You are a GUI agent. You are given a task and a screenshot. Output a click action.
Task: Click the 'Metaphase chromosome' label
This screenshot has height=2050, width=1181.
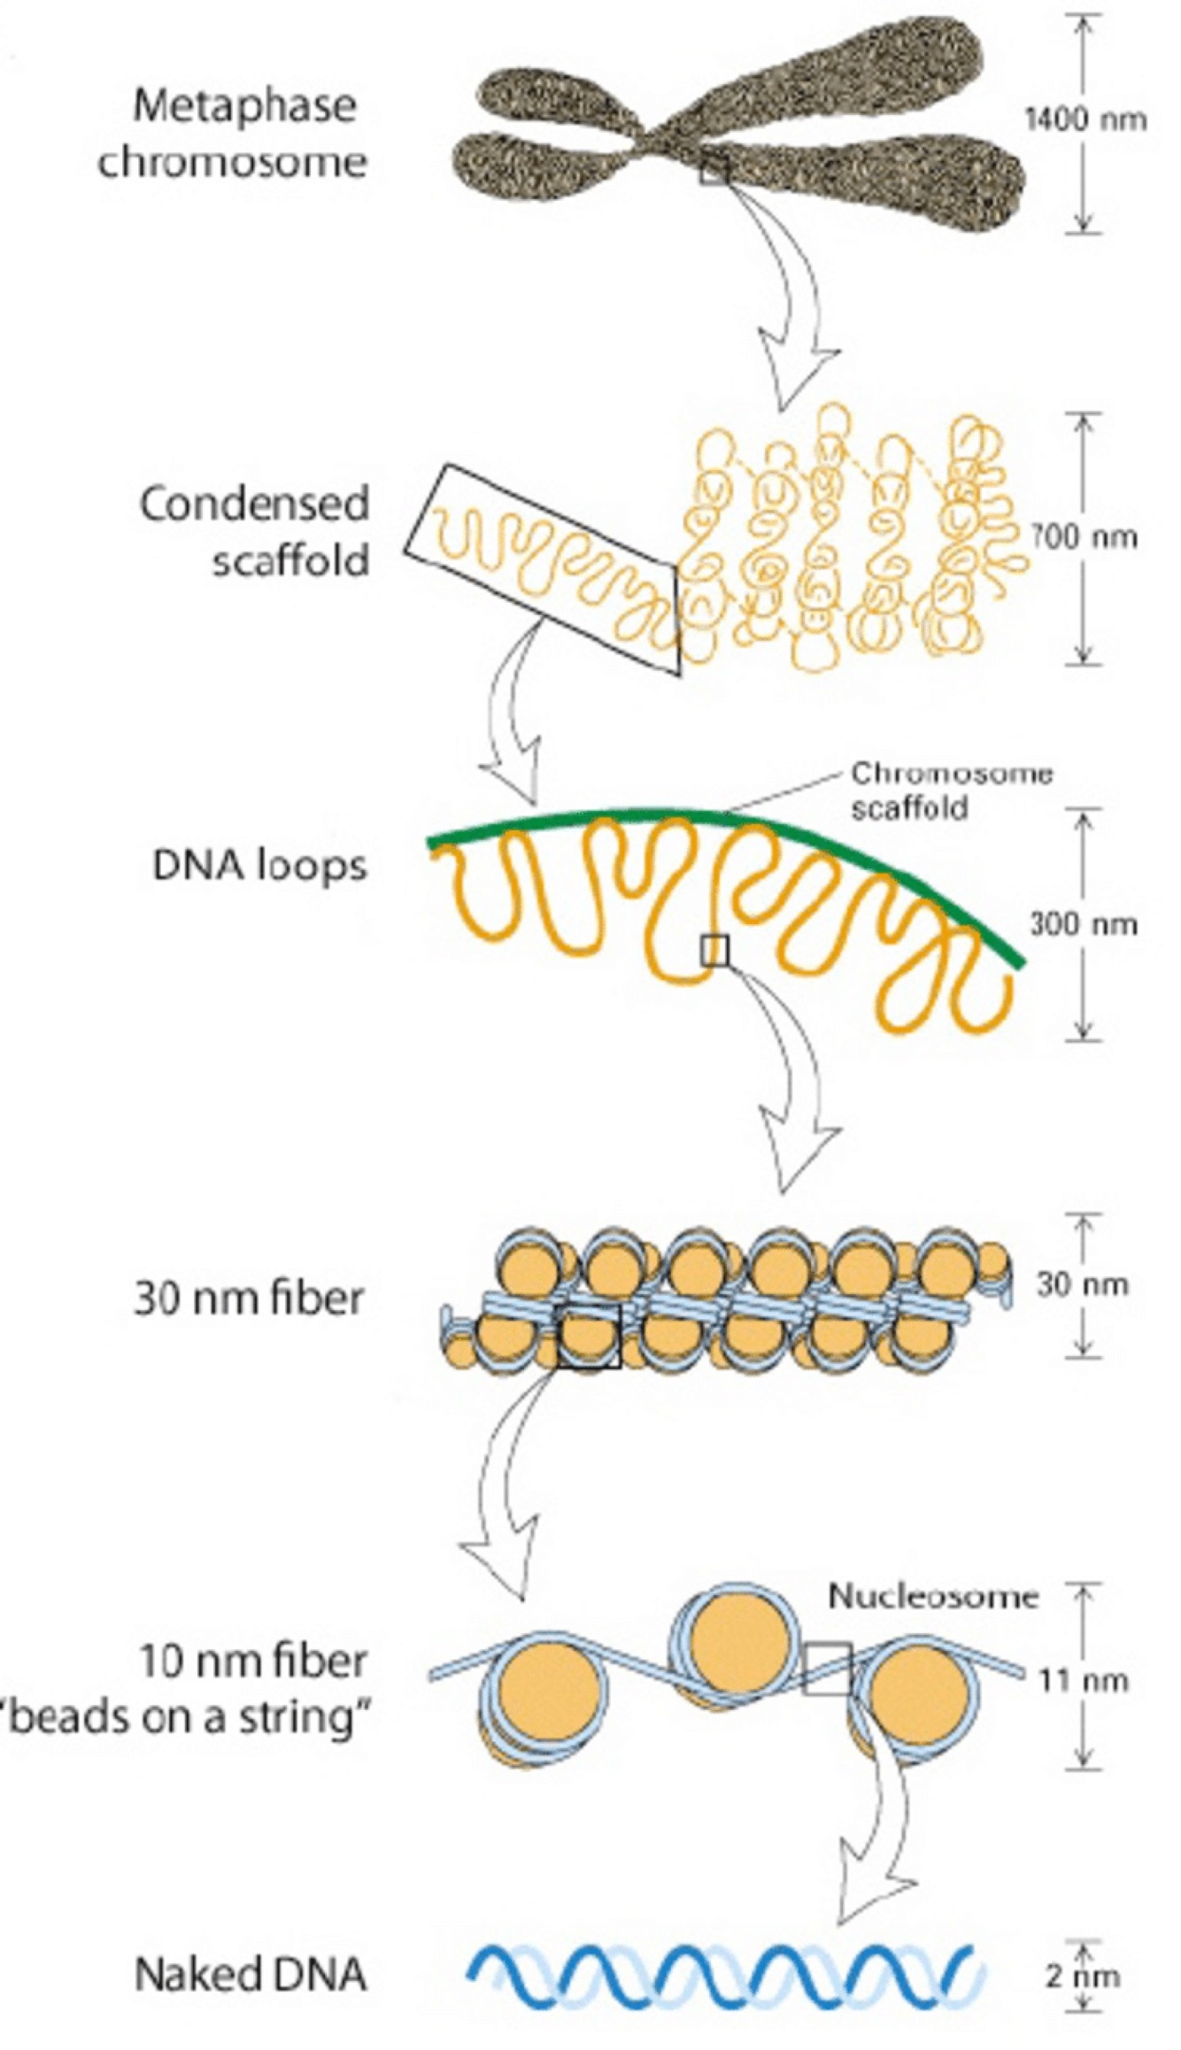pyautogui.click(x=232, y=134)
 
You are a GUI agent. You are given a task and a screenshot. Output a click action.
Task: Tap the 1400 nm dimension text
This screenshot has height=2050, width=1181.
pyautogui.click(x=1085, y=119)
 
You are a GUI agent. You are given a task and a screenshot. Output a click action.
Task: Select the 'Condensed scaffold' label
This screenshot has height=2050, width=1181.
pyautogui.click(x=254, y=532)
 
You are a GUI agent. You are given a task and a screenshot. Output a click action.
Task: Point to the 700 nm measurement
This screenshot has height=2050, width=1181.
pyautogui.click(x=1083, y=537)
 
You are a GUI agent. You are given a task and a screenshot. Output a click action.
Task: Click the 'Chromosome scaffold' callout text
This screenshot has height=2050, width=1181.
pyautogui.click(x=951, y=790)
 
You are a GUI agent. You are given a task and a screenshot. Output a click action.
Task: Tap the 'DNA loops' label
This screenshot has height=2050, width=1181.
pyautogui.click(x=259, y=866)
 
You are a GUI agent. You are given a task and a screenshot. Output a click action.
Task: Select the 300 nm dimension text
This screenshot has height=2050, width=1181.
pyautogui.click(x=1083, y=924)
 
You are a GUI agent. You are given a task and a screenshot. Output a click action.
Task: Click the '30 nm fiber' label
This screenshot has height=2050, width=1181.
pyautogui.click(x=249, y=1299)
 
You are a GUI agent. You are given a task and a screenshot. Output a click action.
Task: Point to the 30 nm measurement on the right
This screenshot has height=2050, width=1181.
pyautogui.click(x=1082, y=1284)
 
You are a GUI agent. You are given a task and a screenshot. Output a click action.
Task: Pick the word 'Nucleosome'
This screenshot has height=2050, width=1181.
pyautogui.click(x=932, y=1596)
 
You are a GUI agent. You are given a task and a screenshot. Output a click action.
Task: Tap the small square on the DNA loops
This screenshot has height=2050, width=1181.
pyautogui.click(x=714, y=951)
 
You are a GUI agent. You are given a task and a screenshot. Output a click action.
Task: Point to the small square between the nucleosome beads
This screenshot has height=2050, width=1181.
pyautogui.click(x=827, y=1669)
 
